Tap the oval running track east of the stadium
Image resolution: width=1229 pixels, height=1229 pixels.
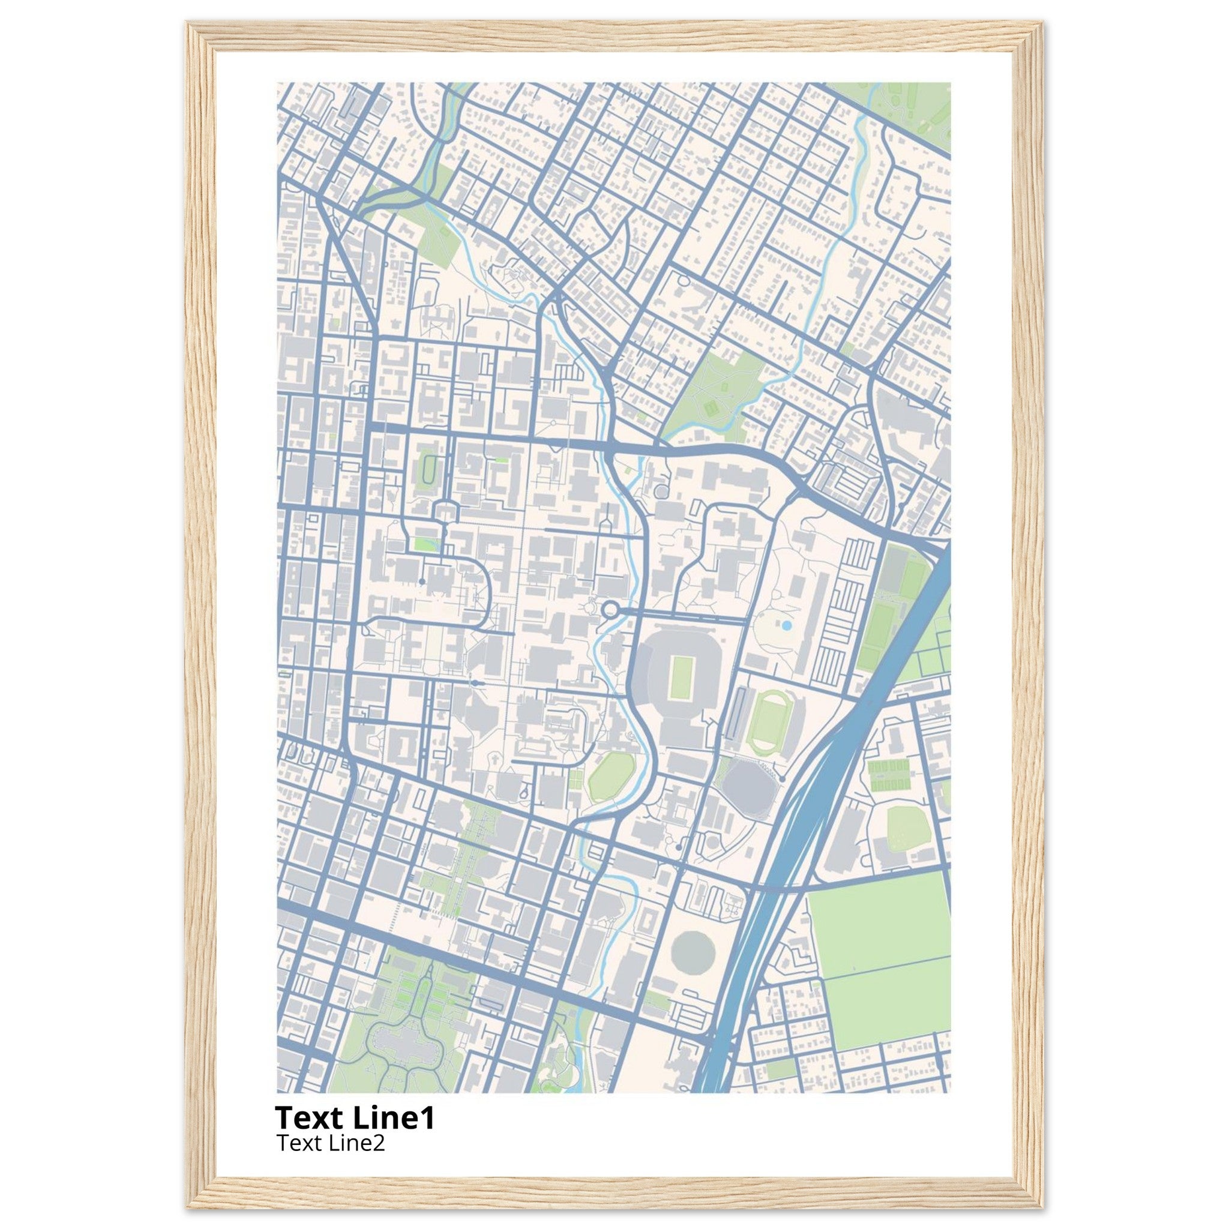[769, 723]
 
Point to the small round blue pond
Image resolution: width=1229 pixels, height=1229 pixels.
[786, 626]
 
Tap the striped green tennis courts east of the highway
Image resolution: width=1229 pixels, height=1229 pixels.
[889, 775]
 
